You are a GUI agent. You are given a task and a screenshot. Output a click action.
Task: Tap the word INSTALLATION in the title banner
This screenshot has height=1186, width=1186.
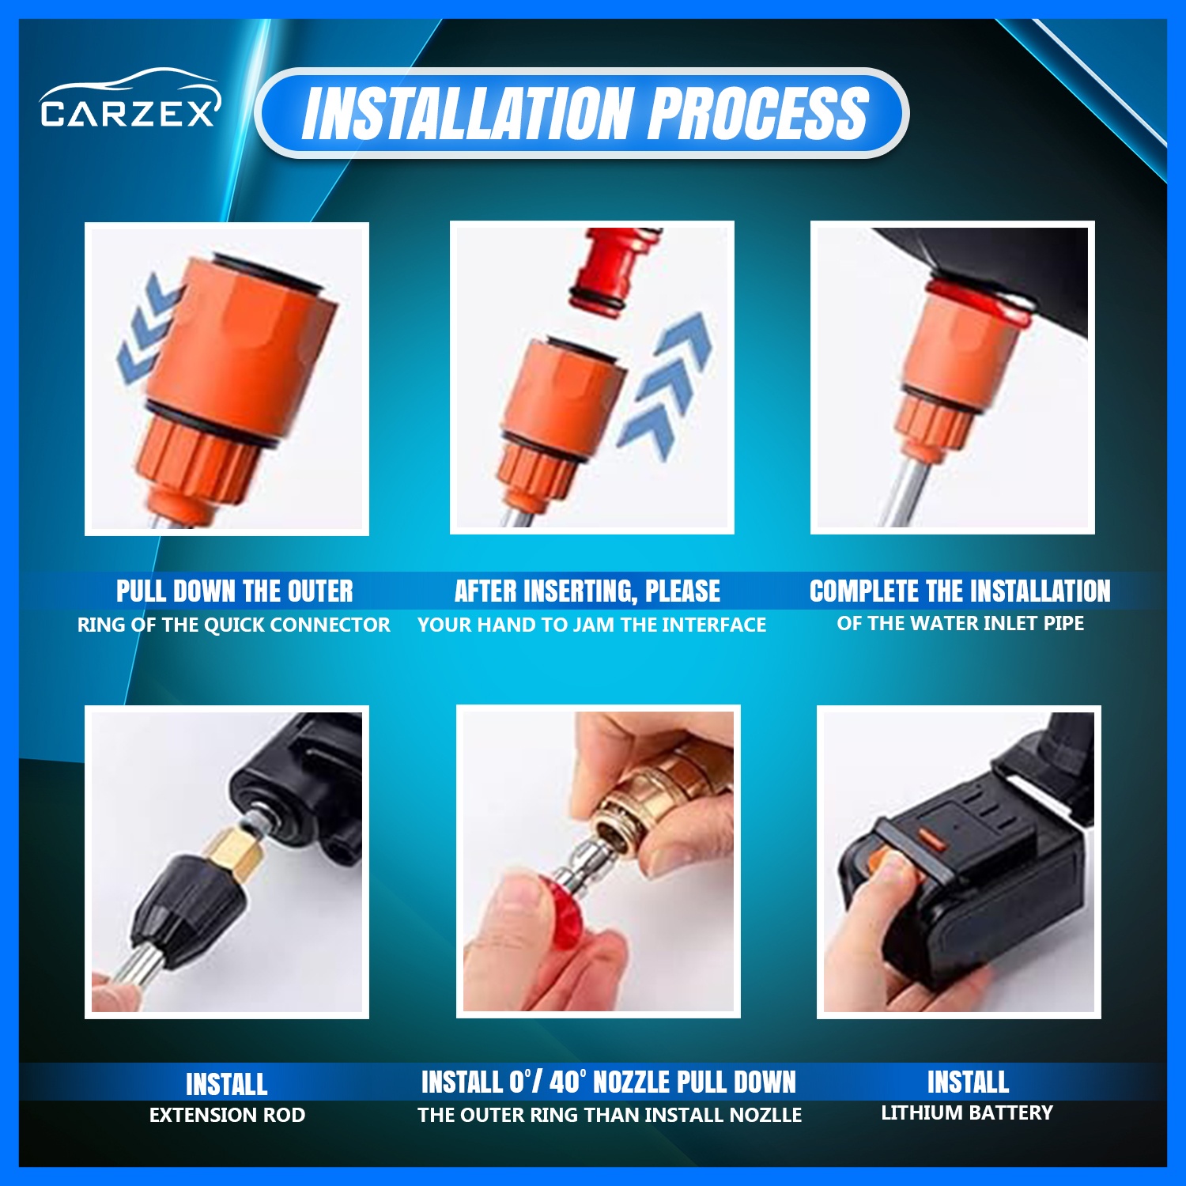click(468, 113)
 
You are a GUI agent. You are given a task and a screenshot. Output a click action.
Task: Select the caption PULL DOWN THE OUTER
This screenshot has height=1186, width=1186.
click(235, 591)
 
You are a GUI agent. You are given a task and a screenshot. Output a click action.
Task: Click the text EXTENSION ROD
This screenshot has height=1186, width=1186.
click(227, 1115)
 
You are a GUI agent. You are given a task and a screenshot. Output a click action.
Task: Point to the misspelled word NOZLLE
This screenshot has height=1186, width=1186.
click(765, 1115)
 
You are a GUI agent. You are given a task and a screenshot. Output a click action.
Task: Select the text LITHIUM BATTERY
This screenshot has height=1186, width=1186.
click(967, 1112)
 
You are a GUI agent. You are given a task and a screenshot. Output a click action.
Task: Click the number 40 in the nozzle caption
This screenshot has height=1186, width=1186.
click(565, 1082)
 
